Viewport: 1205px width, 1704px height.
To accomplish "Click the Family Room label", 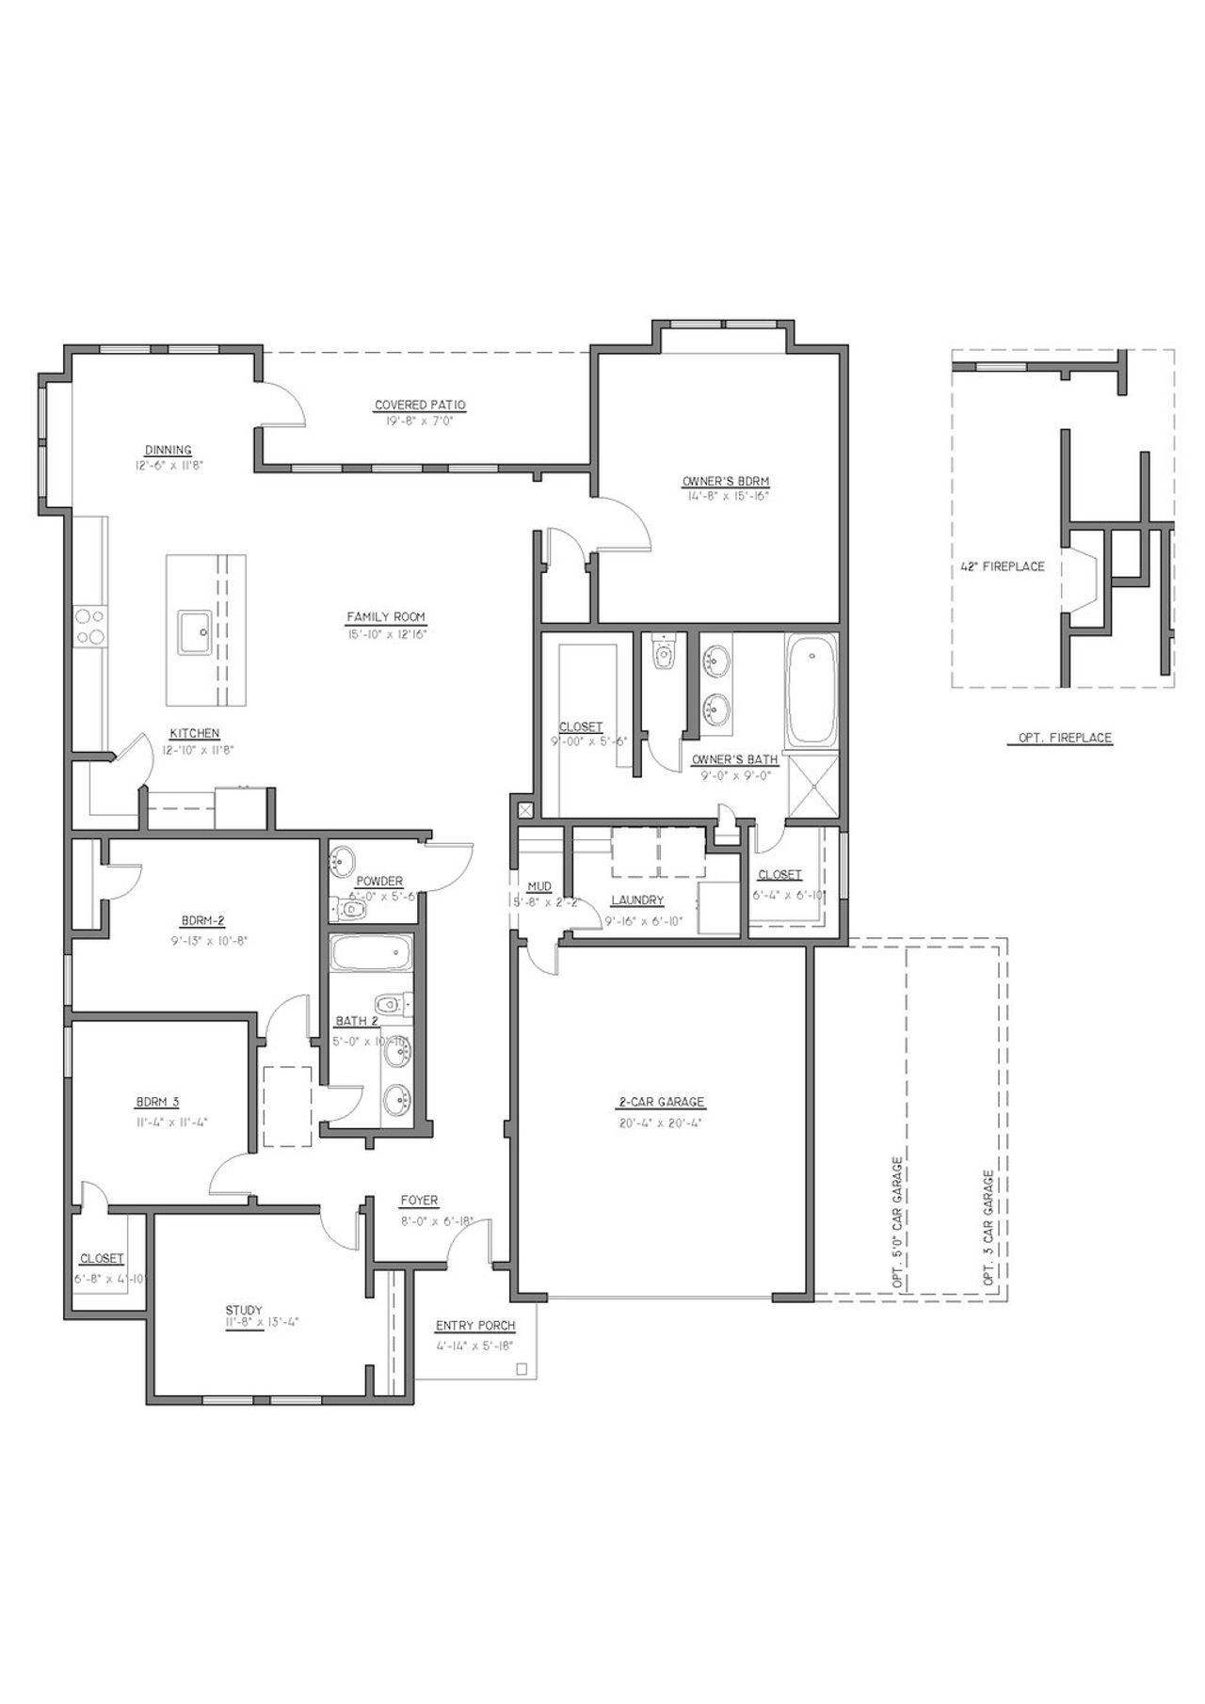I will pos(386,617).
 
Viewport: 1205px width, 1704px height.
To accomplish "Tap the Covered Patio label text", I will pos(420,406).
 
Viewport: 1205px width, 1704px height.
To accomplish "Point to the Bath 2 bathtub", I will pos(371,957).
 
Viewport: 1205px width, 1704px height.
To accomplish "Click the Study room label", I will pos(244,1310).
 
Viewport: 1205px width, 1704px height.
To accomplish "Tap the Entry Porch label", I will pos(475,1326).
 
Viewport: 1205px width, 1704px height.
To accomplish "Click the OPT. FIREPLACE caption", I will pos(1065,738).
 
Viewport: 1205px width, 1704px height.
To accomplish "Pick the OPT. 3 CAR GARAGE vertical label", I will pos(988,1227).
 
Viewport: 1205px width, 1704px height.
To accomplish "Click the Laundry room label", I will pos(637,900).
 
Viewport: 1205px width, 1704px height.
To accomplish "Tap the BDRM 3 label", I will pos(157,1102).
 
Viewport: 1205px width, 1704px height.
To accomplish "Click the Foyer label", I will pos(419,1201).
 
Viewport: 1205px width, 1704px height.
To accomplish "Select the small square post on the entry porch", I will pos(522,1370).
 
